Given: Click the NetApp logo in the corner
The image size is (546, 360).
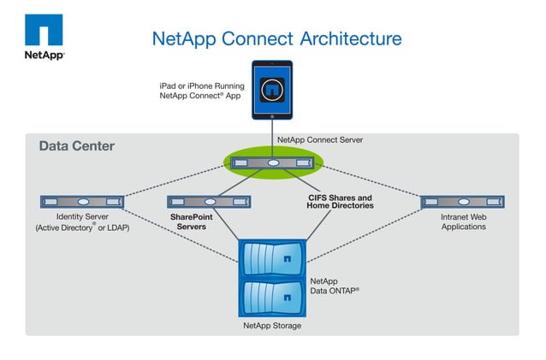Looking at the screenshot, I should point(43,36).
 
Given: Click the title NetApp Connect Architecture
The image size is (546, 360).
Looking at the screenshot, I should point(276,39).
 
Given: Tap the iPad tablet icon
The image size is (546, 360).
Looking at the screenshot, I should point(272,90).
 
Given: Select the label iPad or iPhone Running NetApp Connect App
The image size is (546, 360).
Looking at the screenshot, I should point(201,91).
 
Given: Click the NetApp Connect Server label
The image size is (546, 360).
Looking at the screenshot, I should point(320,139).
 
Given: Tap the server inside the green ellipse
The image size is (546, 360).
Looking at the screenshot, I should point(272,163).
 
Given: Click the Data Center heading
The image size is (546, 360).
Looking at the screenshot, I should point(76,146).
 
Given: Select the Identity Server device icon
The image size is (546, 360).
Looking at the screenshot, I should point(82,202).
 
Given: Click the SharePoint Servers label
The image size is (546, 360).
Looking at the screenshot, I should point(191,222).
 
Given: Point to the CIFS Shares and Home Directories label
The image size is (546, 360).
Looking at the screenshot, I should point(341,202).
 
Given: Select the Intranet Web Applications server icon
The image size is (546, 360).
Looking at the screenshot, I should point(463,202).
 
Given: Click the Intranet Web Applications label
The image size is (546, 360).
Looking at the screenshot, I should point(463,222).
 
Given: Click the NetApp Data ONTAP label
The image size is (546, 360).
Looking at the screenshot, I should point(335,286).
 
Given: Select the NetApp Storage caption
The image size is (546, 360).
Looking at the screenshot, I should point(272,326).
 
